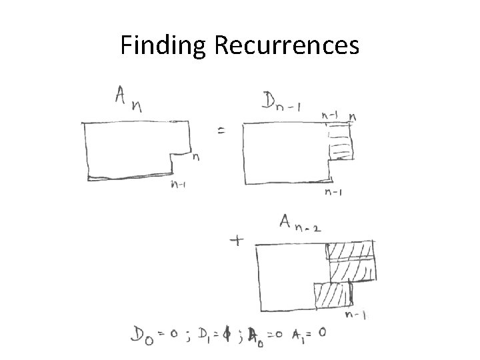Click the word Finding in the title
165,45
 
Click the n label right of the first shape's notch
196,158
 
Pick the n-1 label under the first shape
177,185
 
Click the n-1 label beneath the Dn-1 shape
334,193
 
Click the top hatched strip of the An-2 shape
350,251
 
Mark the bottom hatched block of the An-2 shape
331,294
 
